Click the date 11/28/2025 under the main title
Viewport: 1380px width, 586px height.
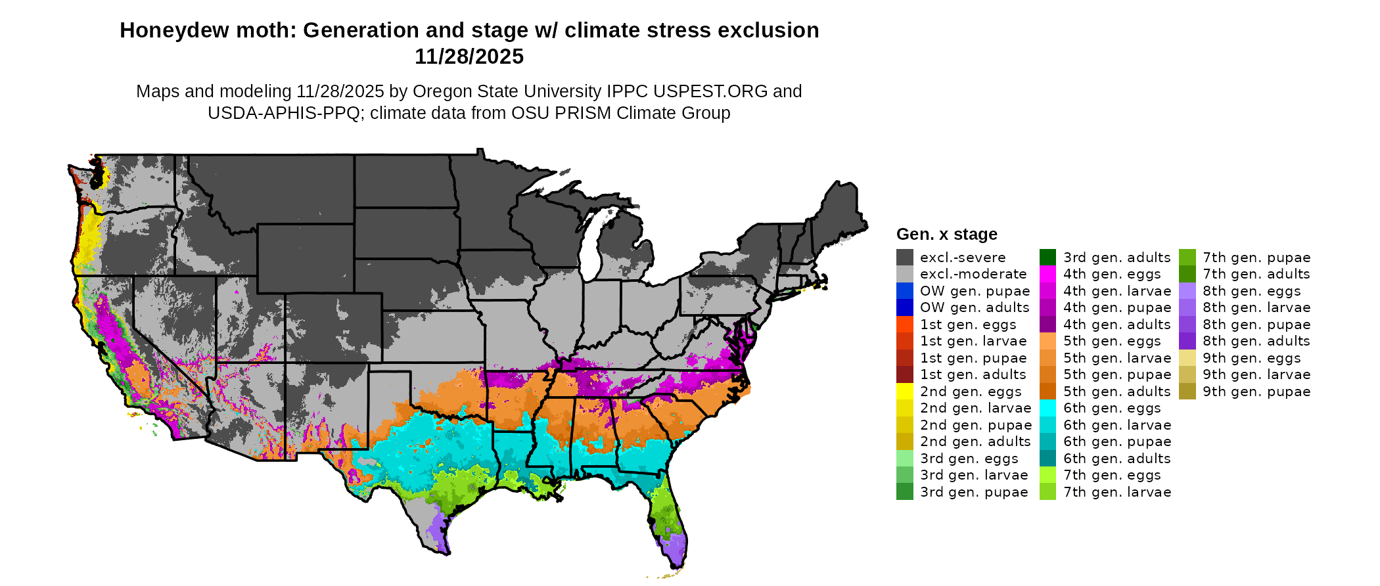click(469, 57)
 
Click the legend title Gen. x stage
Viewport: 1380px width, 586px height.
click(946, 235)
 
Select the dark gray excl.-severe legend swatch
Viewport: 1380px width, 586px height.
click(904, 258)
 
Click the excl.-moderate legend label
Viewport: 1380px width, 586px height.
click(973, 274)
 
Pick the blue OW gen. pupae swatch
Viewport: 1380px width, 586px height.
click(904, 291)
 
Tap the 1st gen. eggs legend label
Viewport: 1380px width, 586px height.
click(967, 325)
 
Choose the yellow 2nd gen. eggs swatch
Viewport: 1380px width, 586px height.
click(904, 392)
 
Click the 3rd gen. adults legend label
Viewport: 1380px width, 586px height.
click(1116, 258)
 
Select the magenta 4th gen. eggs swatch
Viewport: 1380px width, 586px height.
click(1047, 274)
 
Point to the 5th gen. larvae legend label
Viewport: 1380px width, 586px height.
click(1116, 358)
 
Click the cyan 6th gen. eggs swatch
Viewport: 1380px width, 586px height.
click(1047, 408)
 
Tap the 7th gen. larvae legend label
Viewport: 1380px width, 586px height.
click(1116, 492)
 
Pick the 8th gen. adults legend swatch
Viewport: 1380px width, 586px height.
click(1187, 341)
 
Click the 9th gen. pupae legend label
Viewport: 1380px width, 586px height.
click(1256, 392)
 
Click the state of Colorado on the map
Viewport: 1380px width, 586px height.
click(333, 327)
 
